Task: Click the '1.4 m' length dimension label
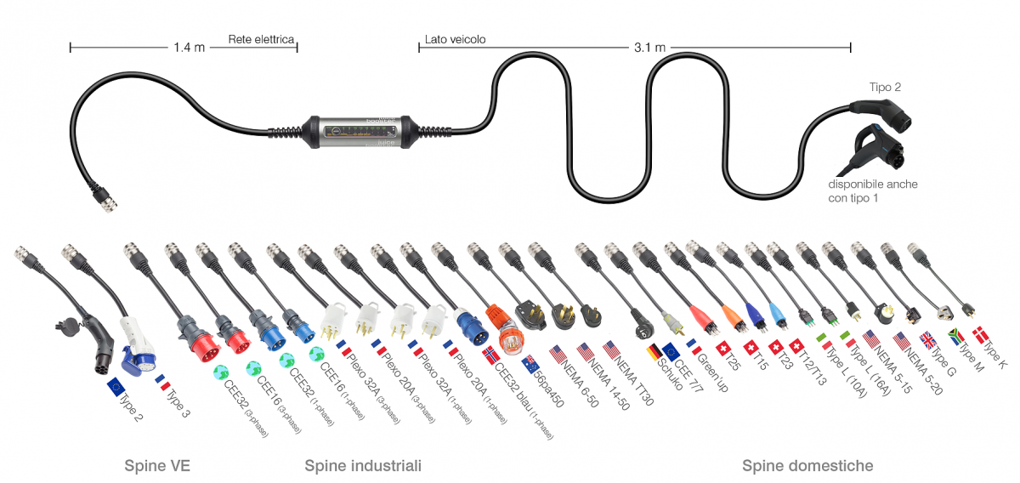coord(189,48)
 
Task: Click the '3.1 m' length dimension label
coord(649,48)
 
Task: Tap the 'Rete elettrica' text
coord(261,39)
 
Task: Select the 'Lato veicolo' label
coord(455,40)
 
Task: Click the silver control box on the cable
coord(360,132)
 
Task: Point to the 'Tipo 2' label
coord(885,87)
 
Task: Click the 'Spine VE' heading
coord(157,466)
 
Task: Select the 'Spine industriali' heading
coord(363,466)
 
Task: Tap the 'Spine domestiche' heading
coord(807,466)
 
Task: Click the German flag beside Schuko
coord(654,352)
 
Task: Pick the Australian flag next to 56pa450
coord(530,364)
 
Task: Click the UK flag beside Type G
coord(927,340)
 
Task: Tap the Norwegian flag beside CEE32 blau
coord(491,355)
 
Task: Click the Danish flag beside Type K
coord(980,335)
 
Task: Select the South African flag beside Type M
coord(955,337)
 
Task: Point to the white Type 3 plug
coord(137,347)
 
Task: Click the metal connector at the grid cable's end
coord(105,200)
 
